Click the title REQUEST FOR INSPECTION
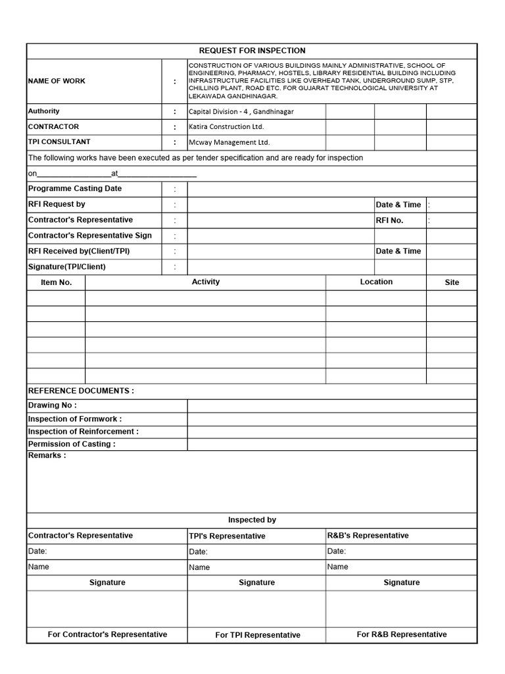point(252,51)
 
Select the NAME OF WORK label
point(57,81)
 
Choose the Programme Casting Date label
point(75,188)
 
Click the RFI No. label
point(389,220)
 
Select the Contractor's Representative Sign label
point(89,236)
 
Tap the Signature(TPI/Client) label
point(66,267)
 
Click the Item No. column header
point(57,282)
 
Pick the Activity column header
point(206,282)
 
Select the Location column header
point(376,282)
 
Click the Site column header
point(452,282)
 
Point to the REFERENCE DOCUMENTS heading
point(81,391)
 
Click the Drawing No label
point(52,405)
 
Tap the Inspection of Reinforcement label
point(83,432)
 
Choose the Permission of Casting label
point(72,444)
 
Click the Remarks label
point(47,455)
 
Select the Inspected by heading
point(252,520)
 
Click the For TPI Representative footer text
point(258,635)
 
